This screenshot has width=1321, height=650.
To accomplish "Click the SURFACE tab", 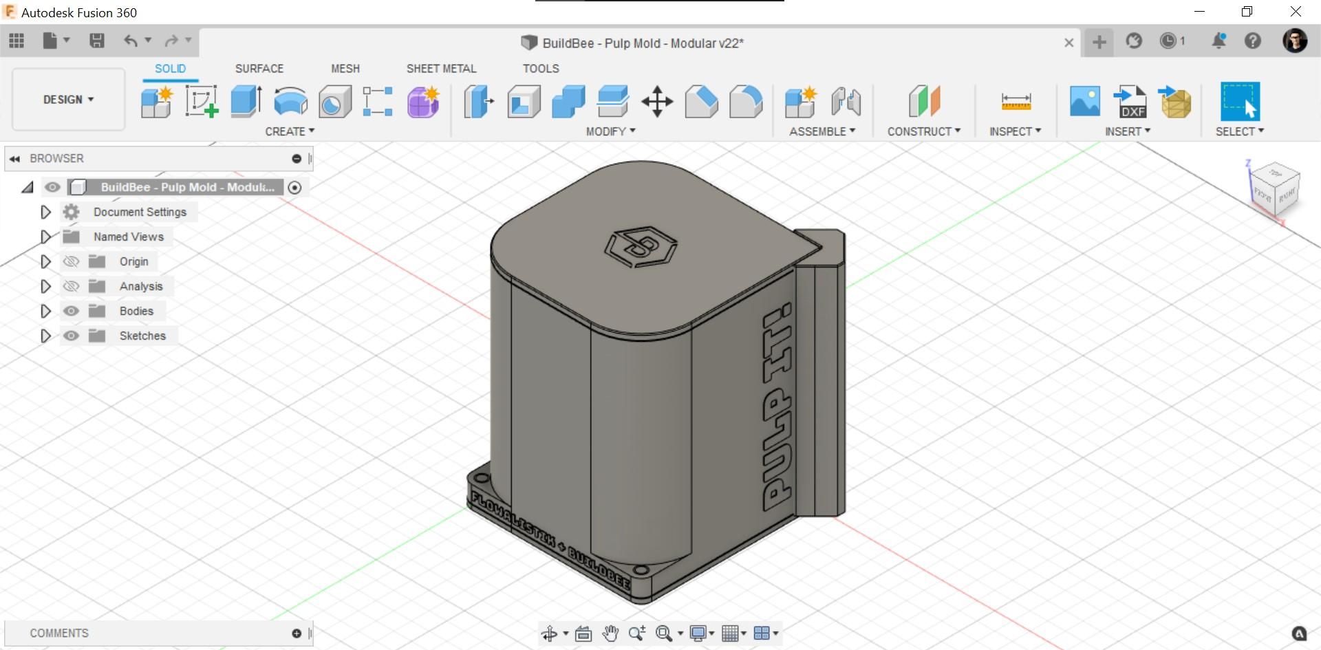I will (x=259, y=69).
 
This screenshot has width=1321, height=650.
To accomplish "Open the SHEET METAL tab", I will (x=441, y=69).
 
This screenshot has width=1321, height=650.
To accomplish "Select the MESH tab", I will (x=345, y=69).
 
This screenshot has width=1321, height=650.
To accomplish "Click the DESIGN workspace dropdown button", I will (x=68, y=100).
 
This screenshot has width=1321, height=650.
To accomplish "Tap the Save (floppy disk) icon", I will (x=97, y=41).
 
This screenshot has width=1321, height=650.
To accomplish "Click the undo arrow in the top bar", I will (x=130, y=41).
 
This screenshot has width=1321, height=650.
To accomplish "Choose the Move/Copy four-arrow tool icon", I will (x=657, y=102).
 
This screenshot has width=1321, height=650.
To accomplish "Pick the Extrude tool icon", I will (x=246, y=102).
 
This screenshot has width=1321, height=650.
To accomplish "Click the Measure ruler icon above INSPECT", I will (x=1016, y=102).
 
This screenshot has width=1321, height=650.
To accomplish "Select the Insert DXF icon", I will (x=1130, y=102).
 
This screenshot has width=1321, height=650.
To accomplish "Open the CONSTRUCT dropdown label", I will (x=923, y=131).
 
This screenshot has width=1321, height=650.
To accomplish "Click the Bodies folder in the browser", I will (x=136, y=311).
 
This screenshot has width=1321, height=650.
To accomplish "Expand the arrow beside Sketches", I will (x=45, y=336).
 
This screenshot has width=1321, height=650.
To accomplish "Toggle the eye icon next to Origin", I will (x=71, y=261).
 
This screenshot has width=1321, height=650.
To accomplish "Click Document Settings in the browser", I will (x=140, y=212).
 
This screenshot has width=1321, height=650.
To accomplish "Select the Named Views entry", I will (x=129, y=237).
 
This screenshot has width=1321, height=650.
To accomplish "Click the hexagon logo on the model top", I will (x=641, y=246).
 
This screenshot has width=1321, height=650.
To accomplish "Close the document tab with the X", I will (x=1068, y=43).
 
